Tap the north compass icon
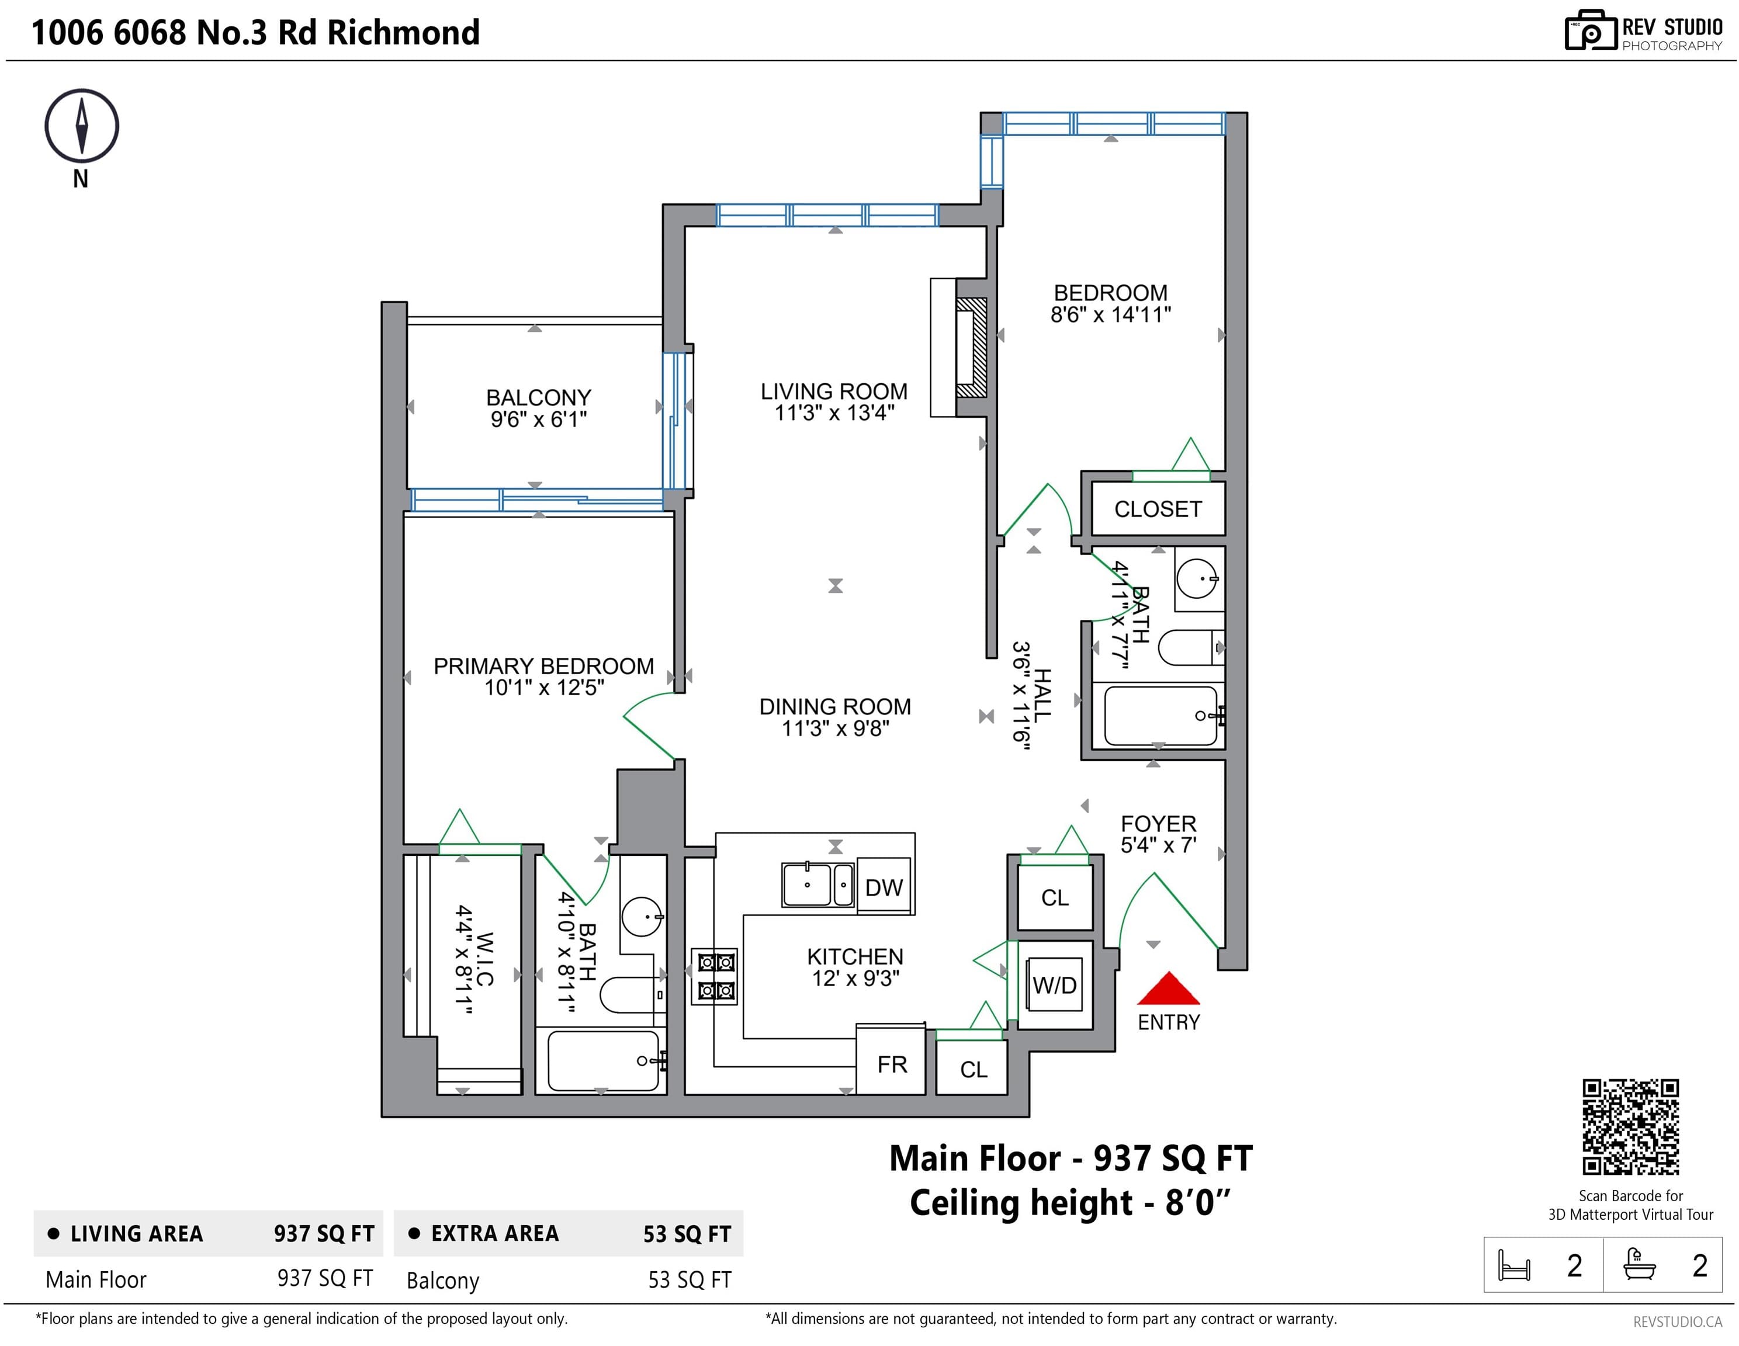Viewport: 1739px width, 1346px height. pos(81,126)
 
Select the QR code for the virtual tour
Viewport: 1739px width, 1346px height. pos(1631,1126)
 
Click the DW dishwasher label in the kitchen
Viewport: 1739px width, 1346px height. pos(884,887)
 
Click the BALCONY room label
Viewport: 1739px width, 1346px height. pos(539,397)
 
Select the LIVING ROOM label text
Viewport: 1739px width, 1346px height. pos(834,391)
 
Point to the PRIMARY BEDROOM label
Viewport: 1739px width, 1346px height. pos(544,666)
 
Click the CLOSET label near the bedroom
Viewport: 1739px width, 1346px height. pos(1158,509)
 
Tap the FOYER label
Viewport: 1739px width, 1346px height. pos(1159,824)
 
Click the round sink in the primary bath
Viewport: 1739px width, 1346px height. pos(642,917)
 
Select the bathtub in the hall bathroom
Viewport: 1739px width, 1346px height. pos(1159,716)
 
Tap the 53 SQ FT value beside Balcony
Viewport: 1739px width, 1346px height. pos(690,1280)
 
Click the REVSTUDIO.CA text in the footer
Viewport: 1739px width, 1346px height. pos(1678,1322)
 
